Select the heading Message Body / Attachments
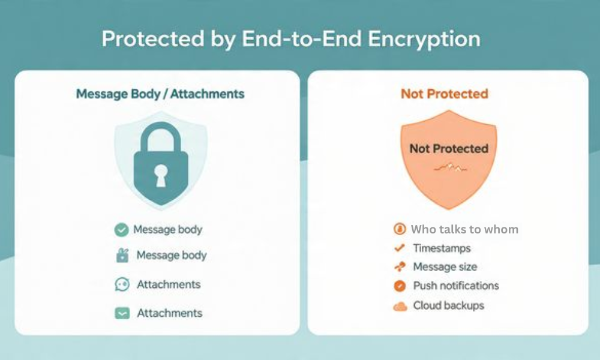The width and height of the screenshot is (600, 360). coord(160,94)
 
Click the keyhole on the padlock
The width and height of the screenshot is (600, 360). coord(160,173)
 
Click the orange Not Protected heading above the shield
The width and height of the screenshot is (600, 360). coord(445,94)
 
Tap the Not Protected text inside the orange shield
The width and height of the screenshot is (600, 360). coord(449,148)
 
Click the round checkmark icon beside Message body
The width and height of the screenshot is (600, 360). coord(121,230)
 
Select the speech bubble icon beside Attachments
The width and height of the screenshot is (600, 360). coord(122,284)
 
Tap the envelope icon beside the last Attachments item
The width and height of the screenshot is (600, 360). coord(122,313)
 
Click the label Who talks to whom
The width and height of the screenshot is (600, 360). coord(464,229)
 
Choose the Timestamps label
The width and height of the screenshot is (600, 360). coord(442,248)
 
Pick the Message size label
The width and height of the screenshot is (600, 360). coord(445,267)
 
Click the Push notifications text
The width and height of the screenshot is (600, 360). coord(456,286)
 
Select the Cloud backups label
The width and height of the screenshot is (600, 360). coord(448,305)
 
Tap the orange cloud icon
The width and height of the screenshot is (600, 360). coord(400,306)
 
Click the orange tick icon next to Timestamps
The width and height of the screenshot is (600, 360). coord(399,248)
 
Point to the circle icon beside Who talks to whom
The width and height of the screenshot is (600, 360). coord(399,229)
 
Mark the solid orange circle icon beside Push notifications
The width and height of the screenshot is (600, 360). coord(400,286)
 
